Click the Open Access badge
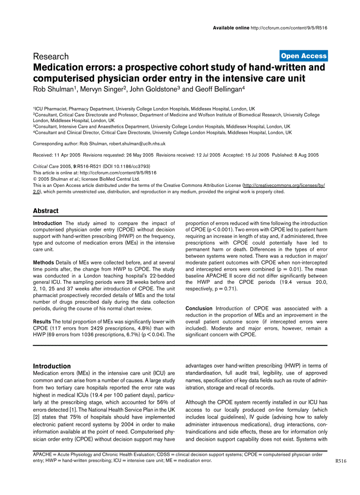click(x=304, y=56)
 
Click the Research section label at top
click(x=51, y=56)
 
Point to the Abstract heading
click(x=45, y=211)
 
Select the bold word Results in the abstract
click(x=42, y=322)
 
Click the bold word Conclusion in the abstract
click(x=199, y=309)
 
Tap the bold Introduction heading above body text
click(x=52, y=366)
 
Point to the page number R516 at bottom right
click(x=341, y=462)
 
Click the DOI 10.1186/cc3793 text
click(x=127, y=166)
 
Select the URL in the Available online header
click(x=288, y=28)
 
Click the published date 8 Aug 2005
click(x=306, y=155)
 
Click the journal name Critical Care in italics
click(x=46, y=166)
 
